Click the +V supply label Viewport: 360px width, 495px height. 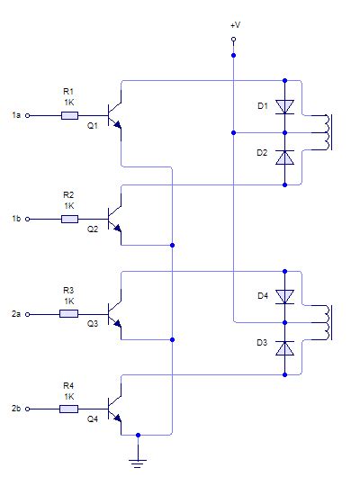234,27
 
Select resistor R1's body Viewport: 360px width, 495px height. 69,116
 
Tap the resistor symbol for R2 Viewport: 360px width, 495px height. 69,219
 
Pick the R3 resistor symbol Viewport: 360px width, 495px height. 69,314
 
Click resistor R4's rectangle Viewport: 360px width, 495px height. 69,409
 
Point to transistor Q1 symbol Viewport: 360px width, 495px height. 114,116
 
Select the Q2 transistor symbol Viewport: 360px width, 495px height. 114,219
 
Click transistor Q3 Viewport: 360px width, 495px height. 114,314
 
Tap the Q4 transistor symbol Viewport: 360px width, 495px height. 114,409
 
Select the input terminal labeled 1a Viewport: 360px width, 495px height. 28,116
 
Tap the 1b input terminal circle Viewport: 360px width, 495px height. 28,219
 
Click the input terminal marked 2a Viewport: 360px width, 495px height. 28,314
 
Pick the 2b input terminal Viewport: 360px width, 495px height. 28,409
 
